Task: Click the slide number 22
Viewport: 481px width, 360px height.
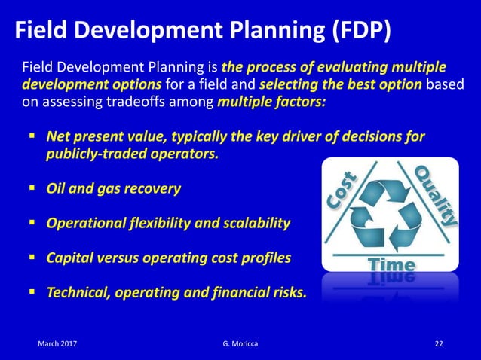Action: coord(439,344)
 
